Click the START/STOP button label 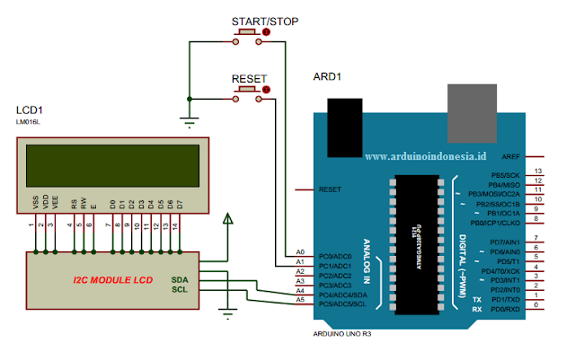[x=265, y=21]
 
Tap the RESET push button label [x=249, y=79]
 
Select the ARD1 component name [x=327, y=77]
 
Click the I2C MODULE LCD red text [x=113, y=280]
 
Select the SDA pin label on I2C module [x=180, y=278]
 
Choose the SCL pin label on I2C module [x=180, y=289]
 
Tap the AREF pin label [x=510, y=156]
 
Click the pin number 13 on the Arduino [x=537, y=171]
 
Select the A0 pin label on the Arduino [x=300, y=252]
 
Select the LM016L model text [x=29, y=120]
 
